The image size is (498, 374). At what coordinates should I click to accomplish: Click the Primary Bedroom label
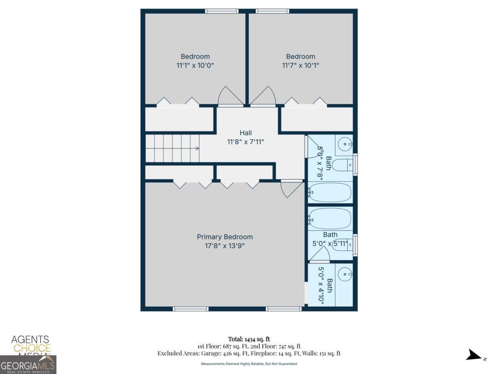coord(225,237)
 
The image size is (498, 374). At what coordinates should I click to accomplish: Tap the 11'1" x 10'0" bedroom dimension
coord(195,65)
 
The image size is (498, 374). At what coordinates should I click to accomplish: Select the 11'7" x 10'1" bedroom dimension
coord(300,65)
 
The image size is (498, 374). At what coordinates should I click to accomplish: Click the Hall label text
coord(245,133)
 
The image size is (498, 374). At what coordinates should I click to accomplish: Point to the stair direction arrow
coord(197,148)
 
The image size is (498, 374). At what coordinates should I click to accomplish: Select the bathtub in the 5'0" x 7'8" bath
coord(330,192)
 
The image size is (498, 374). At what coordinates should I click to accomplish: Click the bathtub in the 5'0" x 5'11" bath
coord(330,218)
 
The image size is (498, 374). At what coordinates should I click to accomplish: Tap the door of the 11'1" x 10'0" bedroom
coord(230,96)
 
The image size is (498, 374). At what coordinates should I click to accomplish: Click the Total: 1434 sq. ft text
coord(249,339)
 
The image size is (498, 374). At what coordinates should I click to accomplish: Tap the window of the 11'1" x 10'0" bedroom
coord(222,11)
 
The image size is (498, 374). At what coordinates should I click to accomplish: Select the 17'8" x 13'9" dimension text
coord(225,246)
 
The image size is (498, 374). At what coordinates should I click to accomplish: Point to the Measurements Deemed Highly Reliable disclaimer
coord(249,364)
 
